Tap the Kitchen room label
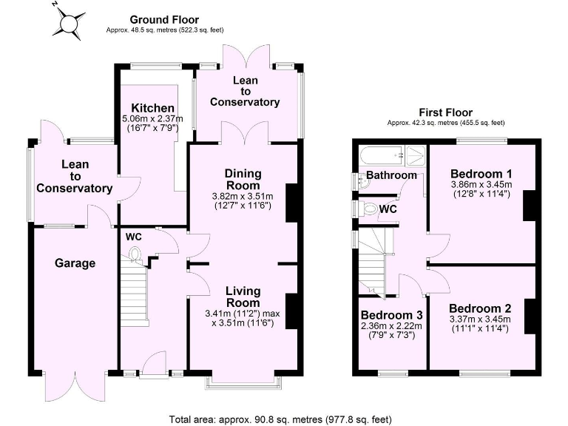[x=149, y=109]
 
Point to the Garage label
[x=75, y=263]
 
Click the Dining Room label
[x=243, y=179]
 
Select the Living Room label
[x=243, y=297]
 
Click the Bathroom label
[x=392, y=176]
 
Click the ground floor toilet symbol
[x=135, y=256]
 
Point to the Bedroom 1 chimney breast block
[x=528, y=205]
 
